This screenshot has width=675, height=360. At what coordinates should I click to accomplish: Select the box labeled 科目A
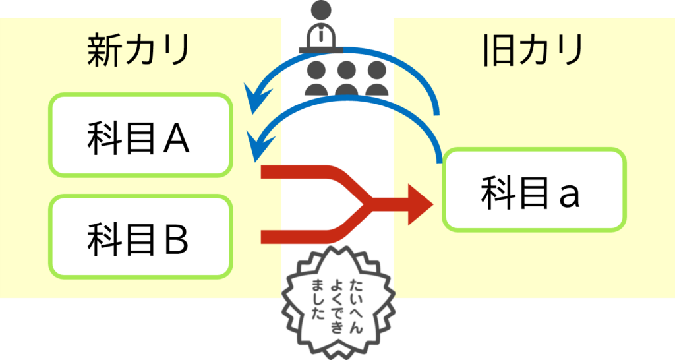pyautogui.click(x=141, y=136)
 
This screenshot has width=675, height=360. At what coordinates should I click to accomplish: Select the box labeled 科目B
pyautogui.click(x=141, y=236)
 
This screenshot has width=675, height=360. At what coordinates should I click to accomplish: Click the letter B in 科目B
pyautogui.click(x=175, y=238)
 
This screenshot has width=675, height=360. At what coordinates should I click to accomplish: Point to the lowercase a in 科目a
pyautogui.click(x=568, y=193)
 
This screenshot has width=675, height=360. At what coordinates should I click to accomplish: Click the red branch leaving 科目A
pyautogui.click(x=297, y=173)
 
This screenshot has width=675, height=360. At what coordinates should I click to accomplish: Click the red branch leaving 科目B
pyautogui.click(x=297, y=236)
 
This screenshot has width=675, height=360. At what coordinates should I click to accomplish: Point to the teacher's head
pyautogui.click(x=322, y=11)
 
